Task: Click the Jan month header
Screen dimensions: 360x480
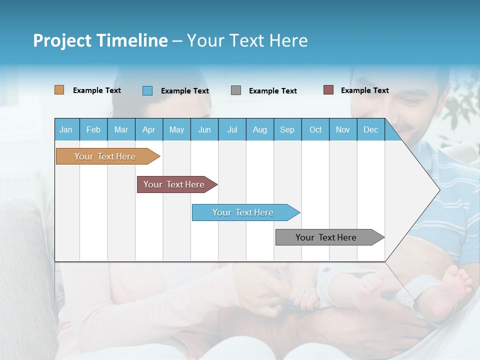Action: [66, 129]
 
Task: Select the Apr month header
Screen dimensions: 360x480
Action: [149, 129]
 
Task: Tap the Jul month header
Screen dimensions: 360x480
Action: [232, 129]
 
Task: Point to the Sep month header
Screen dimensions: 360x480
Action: [287, 129]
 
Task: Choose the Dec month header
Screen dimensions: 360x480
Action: [370, 129]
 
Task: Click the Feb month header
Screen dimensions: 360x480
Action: [93, 129]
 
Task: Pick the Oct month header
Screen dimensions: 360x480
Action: [315, 129]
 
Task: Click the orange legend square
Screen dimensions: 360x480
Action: [59, 90]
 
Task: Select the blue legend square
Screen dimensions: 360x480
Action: [147, 90]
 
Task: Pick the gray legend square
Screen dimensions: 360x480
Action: [236, 90]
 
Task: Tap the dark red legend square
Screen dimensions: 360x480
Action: [328, 90]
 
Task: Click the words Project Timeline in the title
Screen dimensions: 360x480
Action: [100, 40]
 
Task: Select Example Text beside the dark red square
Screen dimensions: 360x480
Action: [364, 90]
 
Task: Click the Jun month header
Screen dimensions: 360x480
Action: [204, 129]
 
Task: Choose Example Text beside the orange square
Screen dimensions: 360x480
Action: [96, 90]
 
